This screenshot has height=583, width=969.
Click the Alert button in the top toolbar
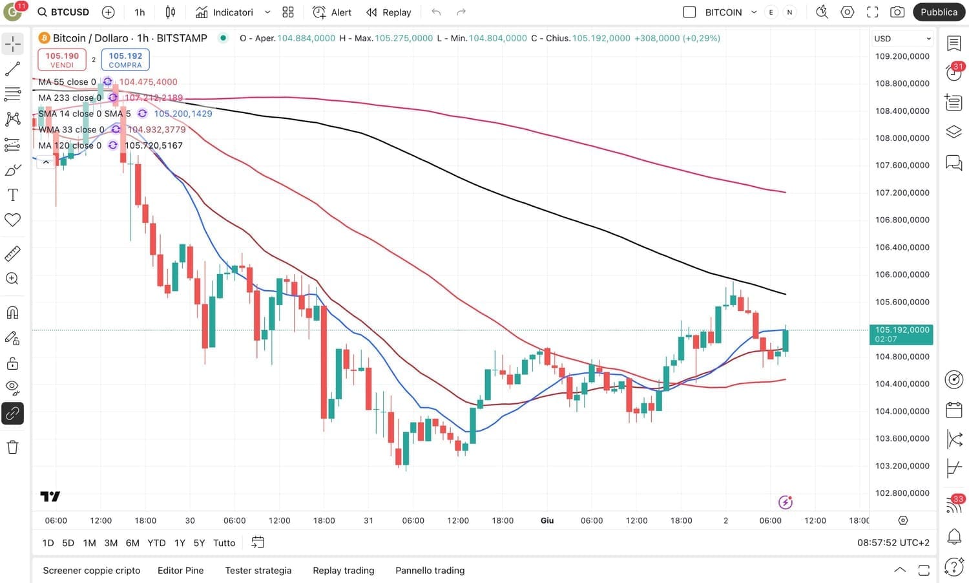click(332, 12)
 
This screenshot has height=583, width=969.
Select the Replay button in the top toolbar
click(389, 12)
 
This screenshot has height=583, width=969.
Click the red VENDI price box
click(62, 59)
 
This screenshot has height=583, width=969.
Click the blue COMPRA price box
click(125, 59)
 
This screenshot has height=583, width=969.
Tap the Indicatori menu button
click(225, 12)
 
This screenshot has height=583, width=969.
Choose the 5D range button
click(68, 543)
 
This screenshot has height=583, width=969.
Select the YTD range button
click(156, 543)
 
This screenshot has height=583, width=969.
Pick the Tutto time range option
click(224, 543)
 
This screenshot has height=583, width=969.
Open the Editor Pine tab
click(180, 570)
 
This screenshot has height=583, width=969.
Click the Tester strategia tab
click(258, 570)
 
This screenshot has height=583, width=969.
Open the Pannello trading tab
click(430, 570)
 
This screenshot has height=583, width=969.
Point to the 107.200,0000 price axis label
click(902, 193)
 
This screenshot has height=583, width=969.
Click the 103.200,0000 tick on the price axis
click(902, 465)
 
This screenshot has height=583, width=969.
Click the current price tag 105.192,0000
click(901, 334)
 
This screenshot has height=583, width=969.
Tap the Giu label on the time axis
click(547, 520)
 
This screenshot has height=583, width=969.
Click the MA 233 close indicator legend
click(69, 98)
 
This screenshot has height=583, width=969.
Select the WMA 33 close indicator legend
click(71, 129)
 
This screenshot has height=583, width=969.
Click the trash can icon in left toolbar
click(13, 447)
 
